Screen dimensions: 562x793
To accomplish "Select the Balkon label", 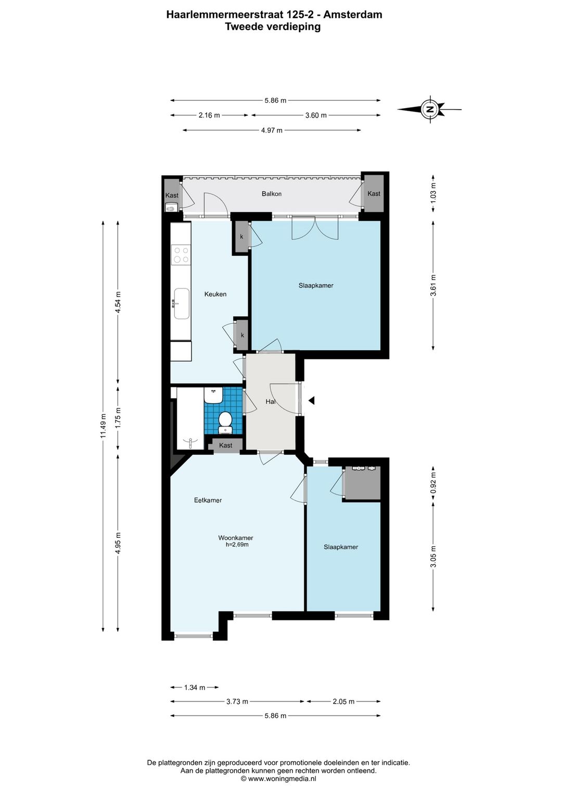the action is (272, 194).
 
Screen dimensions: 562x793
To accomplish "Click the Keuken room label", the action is (215, 294).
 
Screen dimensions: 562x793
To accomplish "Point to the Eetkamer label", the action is (208, 500).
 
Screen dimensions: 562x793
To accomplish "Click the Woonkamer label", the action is (235, 538).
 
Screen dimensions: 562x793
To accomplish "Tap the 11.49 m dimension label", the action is (103, 426).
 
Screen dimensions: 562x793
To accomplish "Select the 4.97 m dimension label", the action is (272, 130).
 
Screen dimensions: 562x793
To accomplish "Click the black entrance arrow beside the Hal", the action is (311, 400).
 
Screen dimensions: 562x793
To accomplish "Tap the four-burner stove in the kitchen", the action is (181, 255).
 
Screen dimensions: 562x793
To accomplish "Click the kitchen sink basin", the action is (181, 303).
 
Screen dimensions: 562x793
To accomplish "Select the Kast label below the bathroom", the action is (225, 445).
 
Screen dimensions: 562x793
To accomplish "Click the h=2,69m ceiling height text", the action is (237, 545).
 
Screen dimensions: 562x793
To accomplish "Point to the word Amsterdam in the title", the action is (353, 15).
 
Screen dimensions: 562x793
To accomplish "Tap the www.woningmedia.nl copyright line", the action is (278, 778).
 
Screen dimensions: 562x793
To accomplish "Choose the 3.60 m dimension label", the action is (315, 115).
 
